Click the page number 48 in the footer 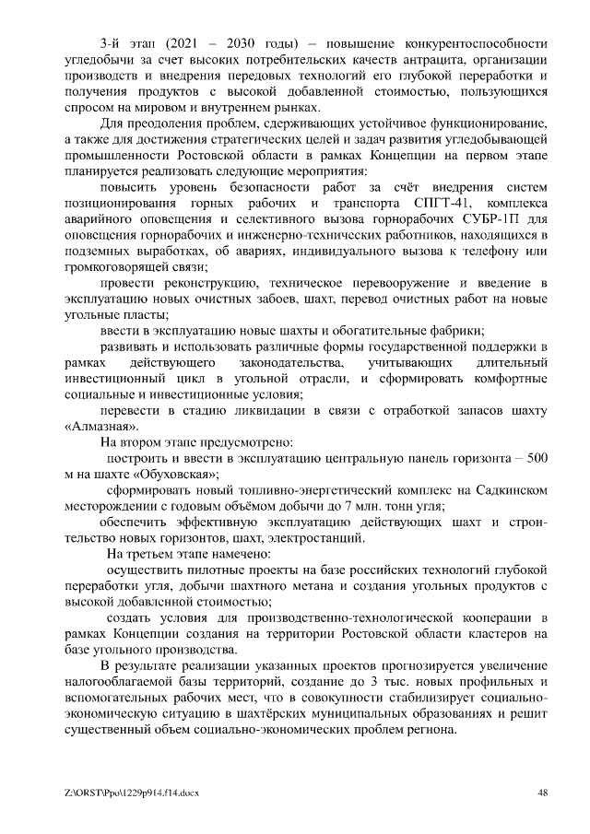click(543, 793)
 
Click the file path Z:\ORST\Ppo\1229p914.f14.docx click(132, 793)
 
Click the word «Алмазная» click(104, 427)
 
